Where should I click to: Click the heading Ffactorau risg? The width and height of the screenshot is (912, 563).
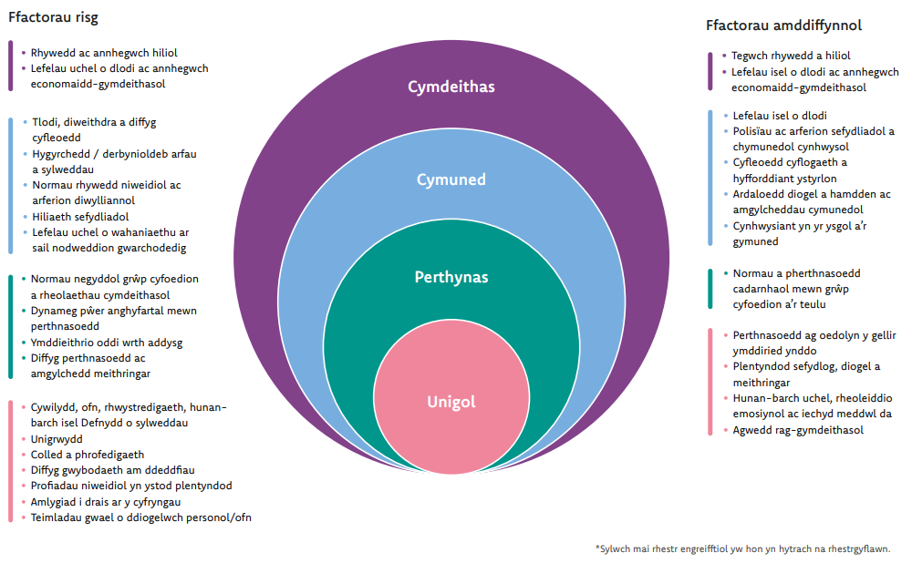coord(53,17)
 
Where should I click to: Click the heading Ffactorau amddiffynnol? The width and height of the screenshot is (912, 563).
coord(783,26)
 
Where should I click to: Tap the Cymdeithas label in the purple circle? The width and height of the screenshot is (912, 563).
coord(451,87)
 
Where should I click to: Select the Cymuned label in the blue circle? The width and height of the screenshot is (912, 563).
coord(451,179)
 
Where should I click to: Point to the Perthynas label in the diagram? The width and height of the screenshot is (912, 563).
coord(451,277)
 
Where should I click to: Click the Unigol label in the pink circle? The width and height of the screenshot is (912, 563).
coord(451,402)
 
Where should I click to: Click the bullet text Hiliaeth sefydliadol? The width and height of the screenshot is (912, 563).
coord(80,217)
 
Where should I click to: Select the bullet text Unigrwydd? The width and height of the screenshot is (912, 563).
coord(57,439)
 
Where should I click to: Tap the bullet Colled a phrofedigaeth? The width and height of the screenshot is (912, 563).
coord(88,455)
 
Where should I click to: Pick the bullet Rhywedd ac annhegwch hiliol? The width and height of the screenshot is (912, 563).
coord(104,53)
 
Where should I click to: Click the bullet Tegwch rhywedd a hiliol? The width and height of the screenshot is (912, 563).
coord(791,56)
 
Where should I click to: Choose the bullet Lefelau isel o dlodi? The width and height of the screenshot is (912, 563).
coord(780,116)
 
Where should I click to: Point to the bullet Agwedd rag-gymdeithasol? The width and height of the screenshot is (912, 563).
coord(798,430)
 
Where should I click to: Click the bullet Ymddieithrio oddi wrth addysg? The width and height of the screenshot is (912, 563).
coord(107,343)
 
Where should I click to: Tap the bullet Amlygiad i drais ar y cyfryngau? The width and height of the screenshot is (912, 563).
coord(106,502)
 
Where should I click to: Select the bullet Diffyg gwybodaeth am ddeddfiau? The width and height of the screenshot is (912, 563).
coord(113,470)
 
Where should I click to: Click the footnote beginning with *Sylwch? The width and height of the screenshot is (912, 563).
coord(742,548)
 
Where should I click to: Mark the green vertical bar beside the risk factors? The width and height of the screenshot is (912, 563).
coord(10,326)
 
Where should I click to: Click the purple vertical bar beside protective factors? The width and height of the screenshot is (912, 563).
coord(710,71)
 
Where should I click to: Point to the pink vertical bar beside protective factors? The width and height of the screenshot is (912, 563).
coord(710,382)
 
